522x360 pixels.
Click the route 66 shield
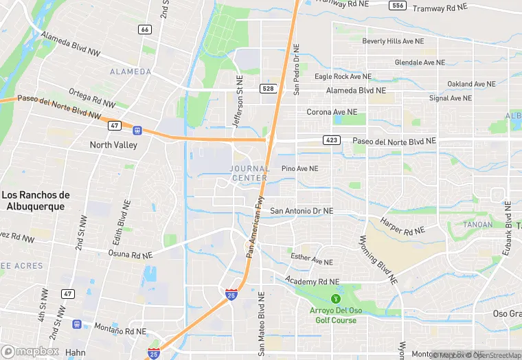144,29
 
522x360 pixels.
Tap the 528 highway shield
269,89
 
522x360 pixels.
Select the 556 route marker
396,5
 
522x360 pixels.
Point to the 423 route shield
332,140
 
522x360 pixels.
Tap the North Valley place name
114,145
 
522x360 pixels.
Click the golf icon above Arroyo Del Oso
336,299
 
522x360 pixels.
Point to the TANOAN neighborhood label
478,225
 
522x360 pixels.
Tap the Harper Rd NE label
400,226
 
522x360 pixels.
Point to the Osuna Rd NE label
130,254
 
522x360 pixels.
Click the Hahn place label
76,352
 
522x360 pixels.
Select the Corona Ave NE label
332,111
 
